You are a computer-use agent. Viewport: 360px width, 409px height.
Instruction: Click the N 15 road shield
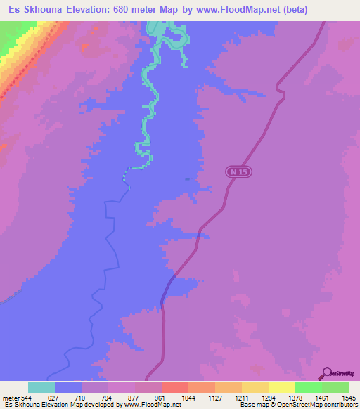[238, 171]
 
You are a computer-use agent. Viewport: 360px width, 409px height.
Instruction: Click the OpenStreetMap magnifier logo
[326, 374]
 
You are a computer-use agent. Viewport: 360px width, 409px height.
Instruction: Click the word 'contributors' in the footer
[340, 405]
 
